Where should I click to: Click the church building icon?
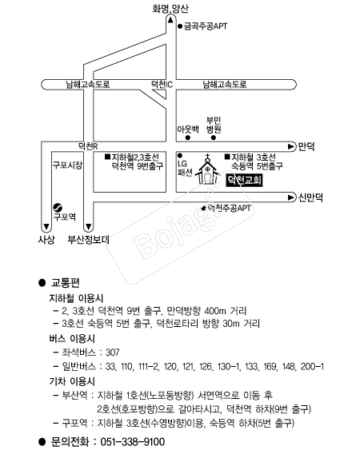click(x=207, y=170)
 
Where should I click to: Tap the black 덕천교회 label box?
click(x=244, y=181)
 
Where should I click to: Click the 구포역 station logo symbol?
click(x=58, y=207)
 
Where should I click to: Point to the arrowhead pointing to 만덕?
click(x=291, y=146)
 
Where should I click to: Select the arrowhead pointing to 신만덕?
click(x=291, y=197)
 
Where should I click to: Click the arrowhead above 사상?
click(x=46, y=226)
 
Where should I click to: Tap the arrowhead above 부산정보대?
click(x=89, y=226)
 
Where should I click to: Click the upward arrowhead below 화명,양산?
click(x=170, y=20)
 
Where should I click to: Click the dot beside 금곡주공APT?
click(x=180, y=26)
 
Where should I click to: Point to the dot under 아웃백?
click(x=188, y=137)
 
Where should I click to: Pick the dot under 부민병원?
click(x=214, y=137)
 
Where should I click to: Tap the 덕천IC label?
click(x=162, y=84)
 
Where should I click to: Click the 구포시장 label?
click(x=67, y=165)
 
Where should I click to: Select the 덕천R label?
click(x=88, y=146)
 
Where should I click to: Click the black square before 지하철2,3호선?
click(x=107, y=157)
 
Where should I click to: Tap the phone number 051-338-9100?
click(x=133, y=442)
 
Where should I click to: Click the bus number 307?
click(x=113, y=352)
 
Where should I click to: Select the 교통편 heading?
click(x=66, y=283)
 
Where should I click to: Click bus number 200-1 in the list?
click(x=312, y=367)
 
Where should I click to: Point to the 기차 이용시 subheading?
click(x=72, y=381)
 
